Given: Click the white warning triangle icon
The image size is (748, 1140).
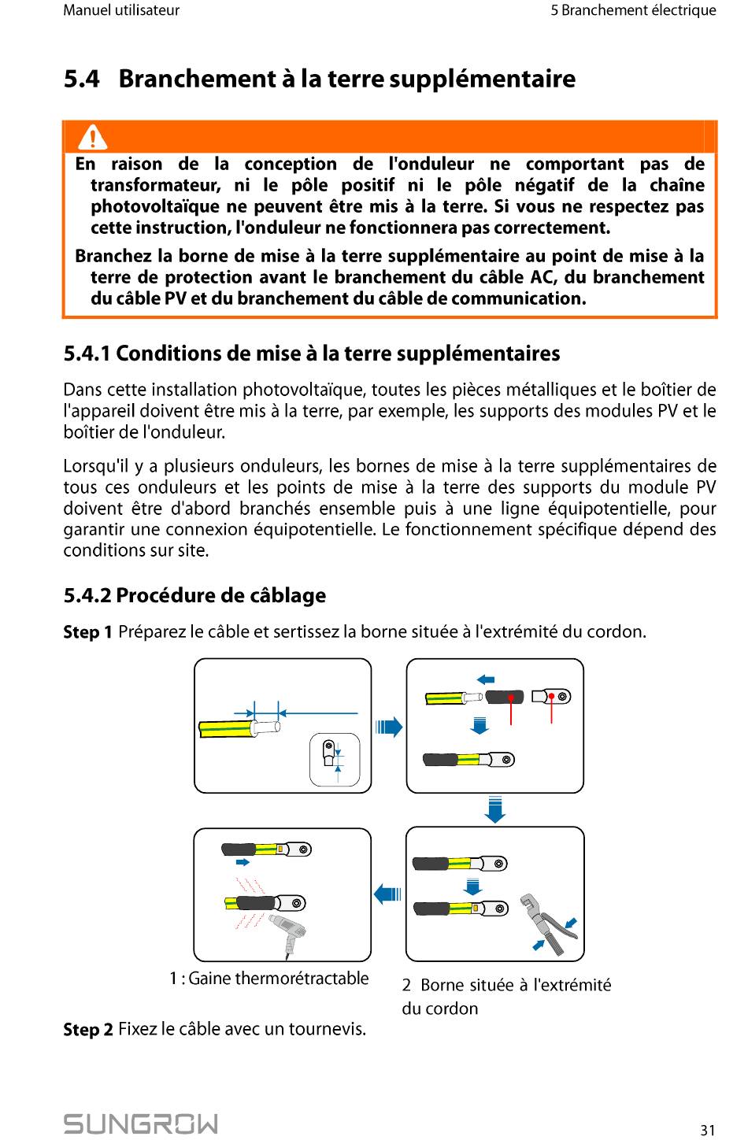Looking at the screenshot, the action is [x=93, y=137].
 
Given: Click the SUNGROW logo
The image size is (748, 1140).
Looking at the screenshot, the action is [x=140, y=1123].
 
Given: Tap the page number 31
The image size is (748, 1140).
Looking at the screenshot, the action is [x=708, y=1130].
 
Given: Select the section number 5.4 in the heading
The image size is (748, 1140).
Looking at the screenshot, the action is [x=81, y=79].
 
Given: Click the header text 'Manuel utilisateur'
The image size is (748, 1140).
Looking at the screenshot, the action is [x=121, y=10].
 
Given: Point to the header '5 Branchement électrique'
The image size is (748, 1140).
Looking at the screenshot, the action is [x=633, y=10].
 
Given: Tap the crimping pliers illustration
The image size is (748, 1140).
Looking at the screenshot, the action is [x=549, y=923].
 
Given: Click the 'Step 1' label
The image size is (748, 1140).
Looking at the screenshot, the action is [x=87, y=632].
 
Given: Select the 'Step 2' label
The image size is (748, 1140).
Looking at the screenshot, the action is [x=87, y=1029].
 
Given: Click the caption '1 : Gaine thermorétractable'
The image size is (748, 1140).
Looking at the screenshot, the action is [x=268, y=978].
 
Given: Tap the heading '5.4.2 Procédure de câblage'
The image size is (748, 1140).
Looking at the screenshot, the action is [x=194, y=595].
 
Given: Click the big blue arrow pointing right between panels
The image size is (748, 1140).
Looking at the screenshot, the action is [x=389, y=726].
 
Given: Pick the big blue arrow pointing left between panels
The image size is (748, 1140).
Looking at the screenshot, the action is [x=387, y=894].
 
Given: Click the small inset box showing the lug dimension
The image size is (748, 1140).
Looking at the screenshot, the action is [x=335, y=759].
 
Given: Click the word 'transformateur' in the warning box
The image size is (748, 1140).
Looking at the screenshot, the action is [x=155, y=185].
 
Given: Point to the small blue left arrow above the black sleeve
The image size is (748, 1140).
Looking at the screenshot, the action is [x=486, y=679].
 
